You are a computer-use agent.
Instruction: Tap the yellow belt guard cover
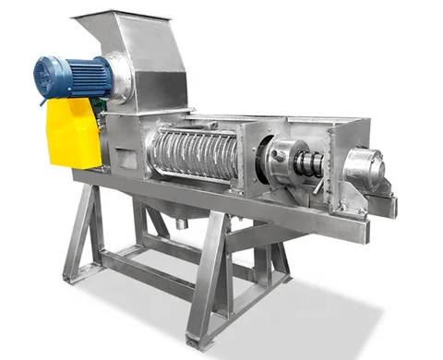pos(73,133)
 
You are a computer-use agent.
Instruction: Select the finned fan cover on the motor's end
pos(44,76)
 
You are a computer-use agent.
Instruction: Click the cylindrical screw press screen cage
pos(194,152)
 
